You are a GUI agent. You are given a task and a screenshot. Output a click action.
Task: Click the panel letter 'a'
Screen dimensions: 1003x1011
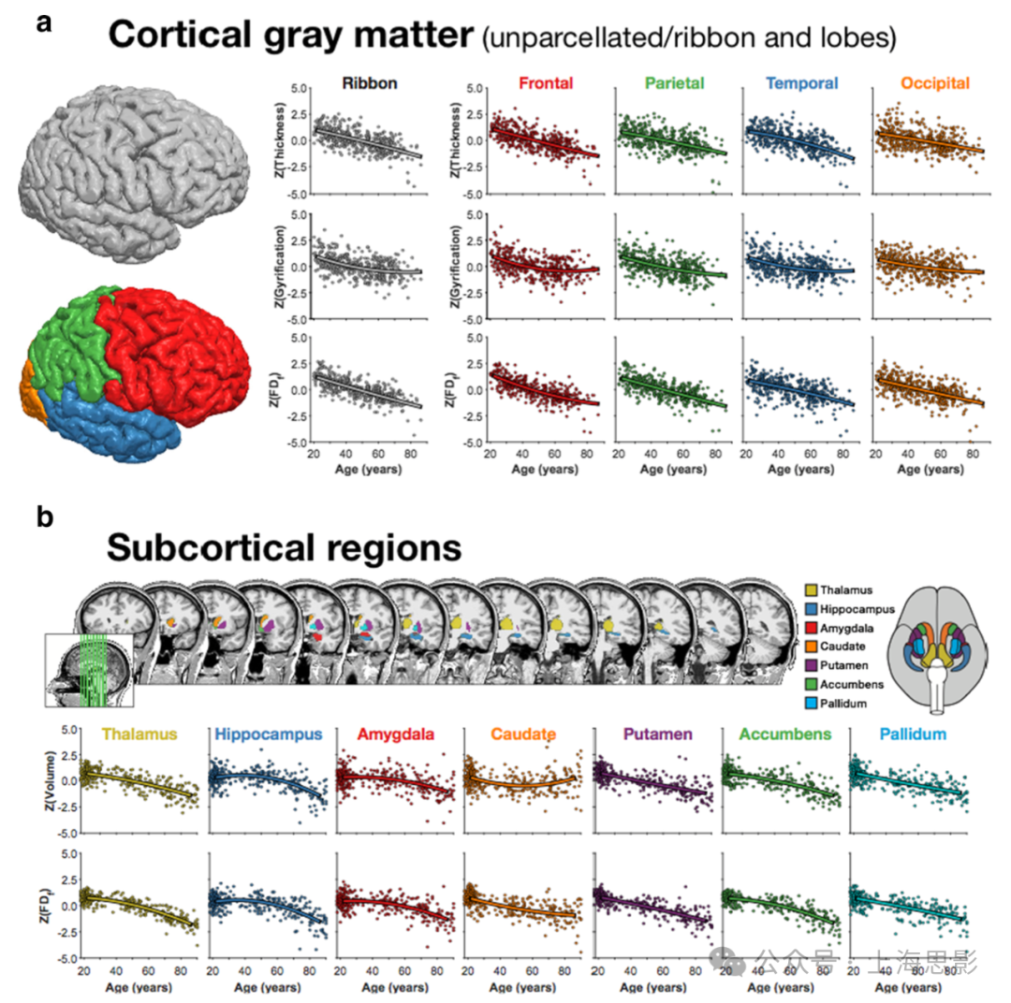coord(43,26)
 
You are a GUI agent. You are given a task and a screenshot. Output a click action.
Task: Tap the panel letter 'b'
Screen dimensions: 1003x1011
coord(43,516)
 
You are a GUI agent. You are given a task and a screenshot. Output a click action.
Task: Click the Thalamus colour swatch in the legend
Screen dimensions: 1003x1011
coord(812,589)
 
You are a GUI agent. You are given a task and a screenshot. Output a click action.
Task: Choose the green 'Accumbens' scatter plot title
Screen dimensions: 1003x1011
coord(777,735)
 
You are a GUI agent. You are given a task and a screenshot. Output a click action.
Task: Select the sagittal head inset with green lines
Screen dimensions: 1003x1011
coord(90,669)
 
